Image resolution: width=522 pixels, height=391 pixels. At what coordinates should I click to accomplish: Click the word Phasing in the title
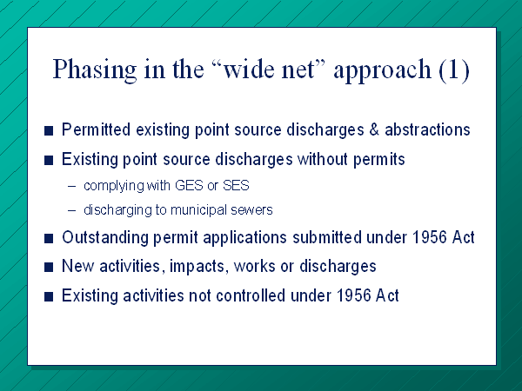[x=95, y=70]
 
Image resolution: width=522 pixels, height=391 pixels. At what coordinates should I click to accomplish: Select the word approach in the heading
[x=383, y=70]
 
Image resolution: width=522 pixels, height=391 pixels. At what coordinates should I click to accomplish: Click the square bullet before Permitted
[x=49, y=130]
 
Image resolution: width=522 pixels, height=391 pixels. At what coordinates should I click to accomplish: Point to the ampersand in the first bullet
[x=374, y=129]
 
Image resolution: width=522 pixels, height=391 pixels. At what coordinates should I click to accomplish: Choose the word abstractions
[x=427, y=129]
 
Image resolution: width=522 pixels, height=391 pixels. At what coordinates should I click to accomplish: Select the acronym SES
[x=236, y=185]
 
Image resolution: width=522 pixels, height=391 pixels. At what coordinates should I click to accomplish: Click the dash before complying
[x=71, y=186]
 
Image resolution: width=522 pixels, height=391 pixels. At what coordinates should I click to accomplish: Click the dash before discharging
[x=71, y=211]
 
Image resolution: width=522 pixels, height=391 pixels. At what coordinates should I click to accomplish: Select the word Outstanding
[x=105, y=238]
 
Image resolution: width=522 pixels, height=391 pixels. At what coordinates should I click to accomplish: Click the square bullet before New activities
[x=49, y=267]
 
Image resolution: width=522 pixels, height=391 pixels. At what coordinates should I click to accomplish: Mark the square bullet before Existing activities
[x=49, y=296]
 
